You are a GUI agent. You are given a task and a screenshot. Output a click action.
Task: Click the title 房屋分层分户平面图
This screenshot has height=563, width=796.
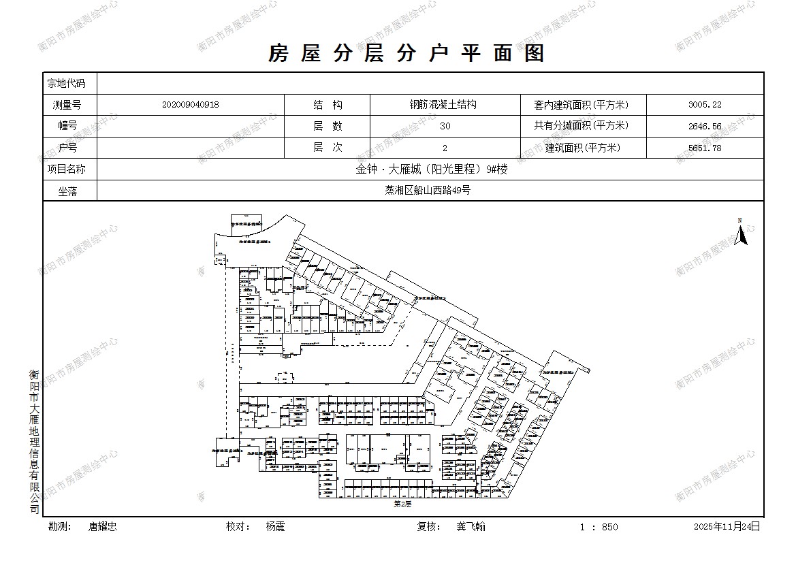tap(407, 53)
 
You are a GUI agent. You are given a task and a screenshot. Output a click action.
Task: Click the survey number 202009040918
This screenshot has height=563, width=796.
tap(191, 105)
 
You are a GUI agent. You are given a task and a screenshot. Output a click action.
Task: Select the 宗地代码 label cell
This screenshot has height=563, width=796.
tap(67, 84)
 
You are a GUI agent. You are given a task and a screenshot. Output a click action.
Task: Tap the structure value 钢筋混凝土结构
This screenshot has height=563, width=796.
tap(443, 105)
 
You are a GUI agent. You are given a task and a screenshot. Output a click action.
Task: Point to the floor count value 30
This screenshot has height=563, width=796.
tap(445, 126)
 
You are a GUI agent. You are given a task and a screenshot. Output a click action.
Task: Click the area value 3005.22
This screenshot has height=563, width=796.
tap(704, 105)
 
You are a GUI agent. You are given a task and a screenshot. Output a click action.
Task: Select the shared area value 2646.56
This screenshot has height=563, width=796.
tap(704, 126)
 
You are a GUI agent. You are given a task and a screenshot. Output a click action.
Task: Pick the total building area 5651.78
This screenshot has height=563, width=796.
tap(704, 148)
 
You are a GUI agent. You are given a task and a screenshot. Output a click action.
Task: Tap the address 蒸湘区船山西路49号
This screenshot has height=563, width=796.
tap(428, 191)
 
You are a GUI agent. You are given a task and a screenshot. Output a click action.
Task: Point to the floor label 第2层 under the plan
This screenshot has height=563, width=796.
tap(402, 504)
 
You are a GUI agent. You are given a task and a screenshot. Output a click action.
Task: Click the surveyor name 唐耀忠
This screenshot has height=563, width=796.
tap(102, 527)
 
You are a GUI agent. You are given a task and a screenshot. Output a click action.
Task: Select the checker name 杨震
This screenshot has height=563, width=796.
tap(275, 527)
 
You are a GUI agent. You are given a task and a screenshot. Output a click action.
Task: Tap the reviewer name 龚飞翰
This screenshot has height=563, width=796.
tap(471, 527)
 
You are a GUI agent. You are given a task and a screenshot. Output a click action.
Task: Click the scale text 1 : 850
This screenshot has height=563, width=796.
tap(599, 527)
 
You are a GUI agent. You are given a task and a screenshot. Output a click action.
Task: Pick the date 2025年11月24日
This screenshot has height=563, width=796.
tap(726, 527)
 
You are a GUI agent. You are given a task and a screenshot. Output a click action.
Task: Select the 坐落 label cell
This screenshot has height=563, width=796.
tap(67, 191)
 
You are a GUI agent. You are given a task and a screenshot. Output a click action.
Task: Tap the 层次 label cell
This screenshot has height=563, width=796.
tap(327, 148)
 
